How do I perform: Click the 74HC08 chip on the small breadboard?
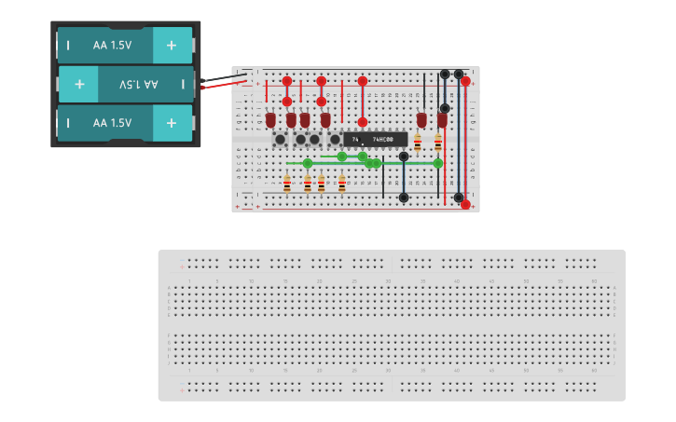[x=375, y=139]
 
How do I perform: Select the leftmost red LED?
[x=270, y=120]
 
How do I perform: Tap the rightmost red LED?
[x=442, y=120]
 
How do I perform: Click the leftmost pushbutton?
[x=280, y=139]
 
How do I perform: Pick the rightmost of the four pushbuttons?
[x=333, y=139]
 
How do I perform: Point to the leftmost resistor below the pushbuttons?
[x=286, y=184]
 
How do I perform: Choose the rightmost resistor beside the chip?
[x=437, y=143]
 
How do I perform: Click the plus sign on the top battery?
[x=172, y=45]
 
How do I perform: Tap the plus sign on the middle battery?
[x=79, y=84]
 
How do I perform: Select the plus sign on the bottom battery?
[x=172, y=122]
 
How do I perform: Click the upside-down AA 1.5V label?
[x=139, y=84]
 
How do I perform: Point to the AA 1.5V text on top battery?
[x=112, y=45]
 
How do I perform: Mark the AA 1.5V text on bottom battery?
[x=112, y=122]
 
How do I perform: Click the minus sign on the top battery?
[x=68, y=45]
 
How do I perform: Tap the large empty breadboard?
[x=392, y=325]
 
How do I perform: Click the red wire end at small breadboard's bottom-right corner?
[x=465, y=204]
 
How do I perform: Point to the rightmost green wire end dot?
[x=437, y=163]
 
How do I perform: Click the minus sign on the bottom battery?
[x=68, y=122]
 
